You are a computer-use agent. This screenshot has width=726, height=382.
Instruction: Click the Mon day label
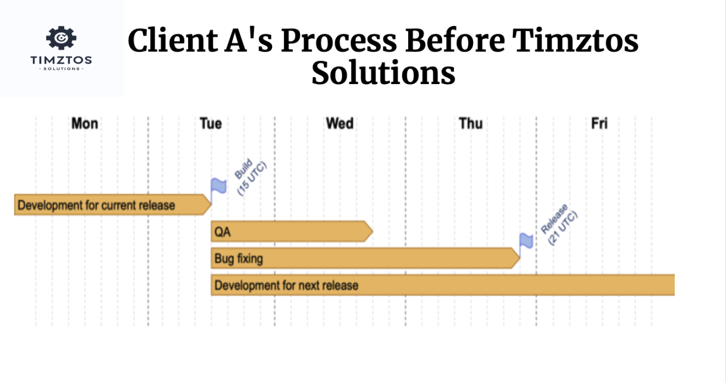tap(85, 123)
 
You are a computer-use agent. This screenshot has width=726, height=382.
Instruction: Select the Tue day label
tap(210, 123)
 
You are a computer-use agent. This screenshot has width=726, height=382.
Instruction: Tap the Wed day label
tap(340, 123)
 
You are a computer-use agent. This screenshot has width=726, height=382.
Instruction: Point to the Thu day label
tap(471, 123)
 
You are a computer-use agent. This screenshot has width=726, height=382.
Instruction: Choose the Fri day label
tap(600, 123)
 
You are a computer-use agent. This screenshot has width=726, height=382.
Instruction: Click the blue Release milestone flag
tap(526, 244)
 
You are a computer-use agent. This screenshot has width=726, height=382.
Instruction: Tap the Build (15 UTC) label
tap(250, 177)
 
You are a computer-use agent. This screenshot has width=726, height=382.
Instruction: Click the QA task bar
tap(292, 231)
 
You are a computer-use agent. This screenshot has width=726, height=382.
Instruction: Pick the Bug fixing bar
tap(365, 259)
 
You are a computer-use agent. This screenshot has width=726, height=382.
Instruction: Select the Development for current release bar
tap(113, 205)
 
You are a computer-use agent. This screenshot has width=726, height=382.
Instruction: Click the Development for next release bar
tap(443, 285)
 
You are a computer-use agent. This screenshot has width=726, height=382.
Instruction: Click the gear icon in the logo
tap(61, 38)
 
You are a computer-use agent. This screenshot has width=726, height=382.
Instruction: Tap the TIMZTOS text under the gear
tap(61, 60)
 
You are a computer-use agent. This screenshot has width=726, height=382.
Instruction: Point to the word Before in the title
tap(455, 40)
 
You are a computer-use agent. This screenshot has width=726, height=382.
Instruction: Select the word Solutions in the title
tap(383, 73)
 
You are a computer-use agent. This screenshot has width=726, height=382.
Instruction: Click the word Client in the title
tap(173, 40)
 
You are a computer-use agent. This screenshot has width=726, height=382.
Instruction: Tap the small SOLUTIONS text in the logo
tap(62, 69)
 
